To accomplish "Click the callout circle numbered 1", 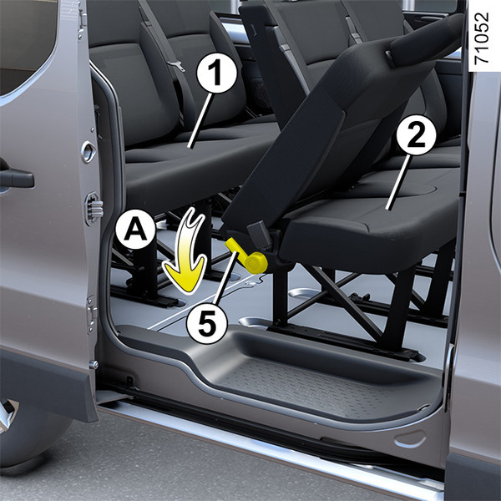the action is click(x=217, y=73).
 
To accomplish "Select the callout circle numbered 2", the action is click(x=417, y=135).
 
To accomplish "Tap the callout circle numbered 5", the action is click(x=207, y=323).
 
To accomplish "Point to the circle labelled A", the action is click(x=135, y=229).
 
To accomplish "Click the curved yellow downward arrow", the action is click(x=187, y=252).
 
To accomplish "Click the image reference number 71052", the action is click(x=481, y=38).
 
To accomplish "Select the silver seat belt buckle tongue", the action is click(x=176, y=65).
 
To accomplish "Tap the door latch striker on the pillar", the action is click(x=88, y=151).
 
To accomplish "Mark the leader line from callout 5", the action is click(x=225, y=277).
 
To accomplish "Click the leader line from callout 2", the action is click(x=397, y=182).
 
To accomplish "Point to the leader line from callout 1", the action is click(x=200, y=121).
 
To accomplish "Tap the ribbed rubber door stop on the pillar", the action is click(x=94, y=210).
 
